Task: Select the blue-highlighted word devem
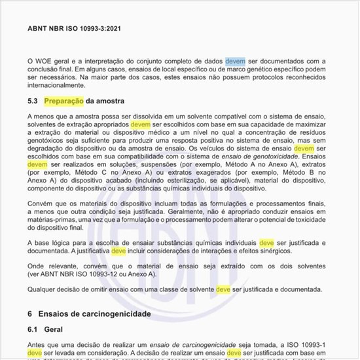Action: click(x=236, y=60)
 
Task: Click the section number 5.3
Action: click(x=33, y=101)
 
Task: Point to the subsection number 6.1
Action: click(x=33, y=331)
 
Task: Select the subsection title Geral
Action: click(x=58, y=331)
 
